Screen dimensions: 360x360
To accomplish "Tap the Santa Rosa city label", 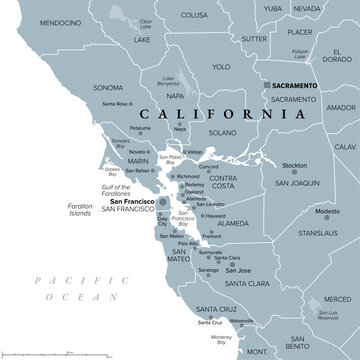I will [116, 103].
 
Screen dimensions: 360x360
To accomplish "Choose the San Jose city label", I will [237, 271].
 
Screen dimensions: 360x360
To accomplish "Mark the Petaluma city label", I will [141, 128].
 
